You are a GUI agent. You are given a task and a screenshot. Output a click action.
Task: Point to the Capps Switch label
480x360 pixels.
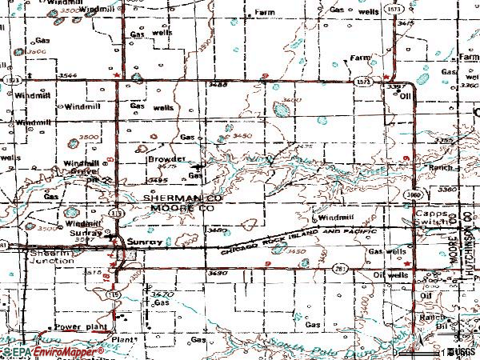click(x=431, y=221)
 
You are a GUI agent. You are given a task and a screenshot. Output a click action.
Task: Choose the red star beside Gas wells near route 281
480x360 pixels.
click(x=409, y=262)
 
